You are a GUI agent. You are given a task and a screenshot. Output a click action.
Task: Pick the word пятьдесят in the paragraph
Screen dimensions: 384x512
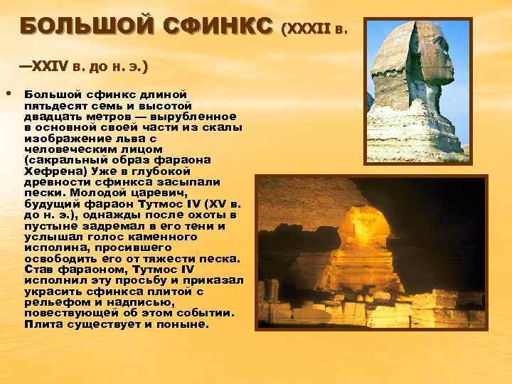pos(53,105)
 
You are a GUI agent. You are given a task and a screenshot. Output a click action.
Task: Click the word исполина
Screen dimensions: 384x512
pos(54,248)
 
